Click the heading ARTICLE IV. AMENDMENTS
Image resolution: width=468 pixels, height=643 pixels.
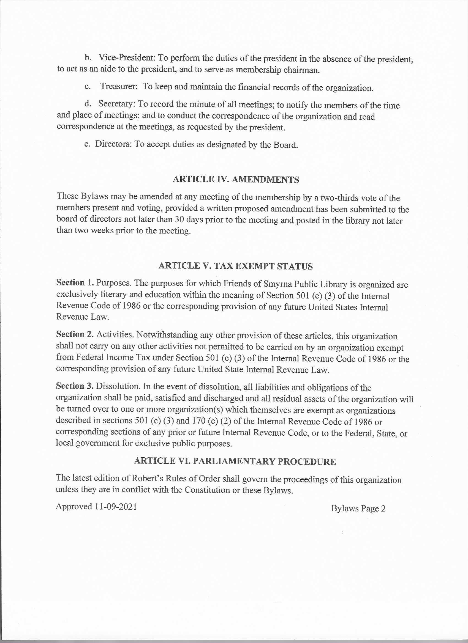(236, 180)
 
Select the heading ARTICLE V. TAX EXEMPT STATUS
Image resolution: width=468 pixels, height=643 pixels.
(235, 266)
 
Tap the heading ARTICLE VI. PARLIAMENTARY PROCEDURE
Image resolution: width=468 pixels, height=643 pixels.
(235, 461)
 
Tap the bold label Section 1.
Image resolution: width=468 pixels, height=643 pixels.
(75, 282)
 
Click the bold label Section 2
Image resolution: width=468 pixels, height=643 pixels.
(75, 334)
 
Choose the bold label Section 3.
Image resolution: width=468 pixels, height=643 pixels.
(75, 386)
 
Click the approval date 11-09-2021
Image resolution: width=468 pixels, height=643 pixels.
(116, 507)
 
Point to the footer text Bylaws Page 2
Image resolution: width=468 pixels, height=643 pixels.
(358, 508)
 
